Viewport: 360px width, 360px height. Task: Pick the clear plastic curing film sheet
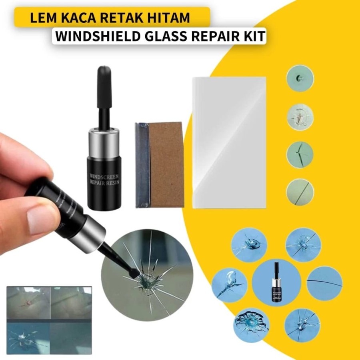tap(229, 142)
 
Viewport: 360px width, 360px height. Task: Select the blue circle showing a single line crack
tap(324, 283)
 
